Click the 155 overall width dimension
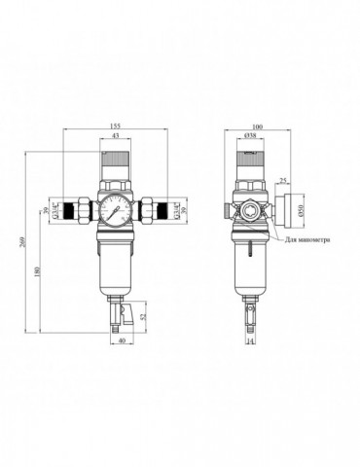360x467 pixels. [x=116, y=126]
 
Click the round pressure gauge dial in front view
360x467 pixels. [x=116, y=212]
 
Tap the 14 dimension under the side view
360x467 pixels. [x=249, y=341]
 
